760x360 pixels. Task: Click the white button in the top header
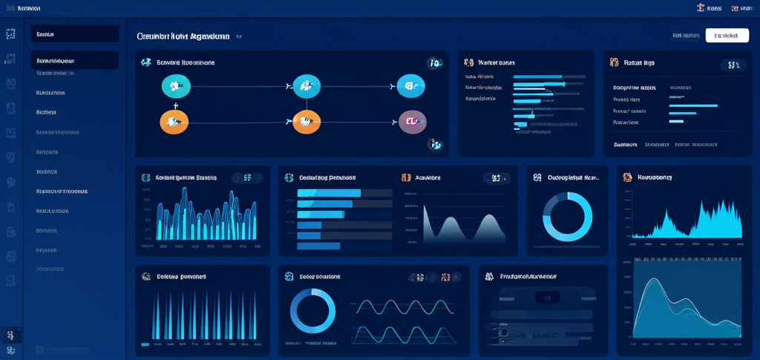pyautogui.click(x=727, y=35)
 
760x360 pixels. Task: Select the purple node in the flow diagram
pyautogui.click(x=413, y=122)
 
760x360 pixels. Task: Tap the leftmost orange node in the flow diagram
pyautogui.click(x=175, y=122)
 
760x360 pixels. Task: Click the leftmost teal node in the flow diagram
pyautogui.click(x=176, y=86)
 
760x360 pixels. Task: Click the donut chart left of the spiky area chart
pyautogui.click(x=568, y=217)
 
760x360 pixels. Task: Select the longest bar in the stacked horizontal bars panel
pyautogui.click(x=329, y=193)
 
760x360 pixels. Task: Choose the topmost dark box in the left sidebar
pyautogui.click(x=74, y=34)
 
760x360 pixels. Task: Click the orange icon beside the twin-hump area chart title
pyautogui.click(x=406, y=178)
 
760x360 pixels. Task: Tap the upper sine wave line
pyautogui.click(x=401, y=305)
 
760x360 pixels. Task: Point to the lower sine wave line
pyautogui.click(x=401, y=332)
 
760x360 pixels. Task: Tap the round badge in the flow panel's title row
pyautogui.click(x=435, y=64)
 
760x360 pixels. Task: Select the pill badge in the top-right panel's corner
pyautogui.click(x=733, y=65)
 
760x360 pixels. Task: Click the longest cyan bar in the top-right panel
pyautogui.click(x=693, y=105)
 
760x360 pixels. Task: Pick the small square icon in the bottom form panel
pyautogui.click(x=504, y=332)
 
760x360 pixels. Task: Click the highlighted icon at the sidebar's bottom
pyautogui.click(x=10, y=335)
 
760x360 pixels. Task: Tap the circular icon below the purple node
pyautogui.click(x=436, y=145)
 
